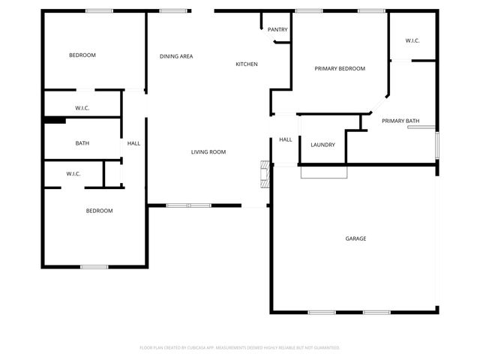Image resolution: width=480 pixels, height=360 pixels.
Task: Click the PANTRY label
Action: pyautogui.click(x=277, y=29)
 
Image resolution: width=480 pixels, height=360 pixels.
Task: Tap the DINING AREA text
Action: pyautogui.click(x=176, y=56)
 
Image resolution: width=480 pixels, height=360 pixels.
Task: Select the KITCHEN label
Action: pyautogui.click(x=247, y=64)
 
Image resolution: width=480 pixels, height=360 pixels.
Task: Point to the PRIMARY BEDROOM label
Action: pyautogui.click(x=340, y=68)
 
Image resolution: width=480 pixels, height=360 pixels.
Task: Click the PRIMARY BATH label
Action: pyautogui.click(x=400, y=121)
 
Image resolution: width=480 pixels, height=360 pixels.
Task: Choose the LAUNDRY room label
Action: pyautogui.click(x=322, y=145)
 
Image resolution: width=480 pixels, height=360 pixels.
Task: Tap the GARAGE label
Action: pyautogui.click(x=355, y=238)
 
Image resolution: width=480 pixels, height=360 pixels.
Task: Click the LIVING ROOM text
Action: pyautogui.click(x=208, y=152)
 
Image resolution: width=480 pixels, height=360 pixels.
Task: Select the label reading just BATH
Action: pyautogui.click(x=82, y=143)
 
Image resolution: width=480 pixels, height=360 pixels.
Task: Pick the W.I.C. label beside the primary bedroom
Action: pyautogui.click(x=413, y=40)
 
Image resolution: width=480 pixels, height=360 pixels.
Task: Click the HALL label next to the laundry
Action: pyautogui.click(x=286, y=139)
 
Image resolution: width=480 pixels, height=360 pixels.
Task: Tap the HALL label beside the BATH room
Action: pyautogui.click(x=133, y=143)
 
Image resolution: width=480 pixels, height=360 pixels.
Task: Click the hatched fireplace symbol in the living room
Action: pyautogui.click(x=263, y=173)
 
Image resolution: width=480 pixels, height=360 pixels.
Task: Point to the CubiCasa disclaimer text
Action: pyautogui.click(x=240, y=347)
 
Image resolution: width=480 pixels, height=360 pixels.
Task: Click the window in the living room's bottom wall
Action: pyautogui.click(x=189, y=205)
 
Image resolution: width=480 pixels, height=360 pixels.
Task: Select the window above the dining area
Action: pyautogui.click(x=173, y=10)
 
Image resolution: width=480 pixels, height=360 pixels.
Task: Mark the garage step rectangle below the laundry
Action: pyautogui.click(x=324, y=172)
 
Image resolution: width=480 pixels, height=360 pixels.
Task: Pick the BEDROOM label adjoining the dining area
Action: pyautogui.click(x=82, y=55)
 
